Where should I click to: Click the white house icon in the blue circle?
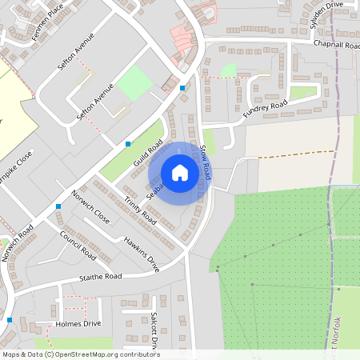click(180, 173)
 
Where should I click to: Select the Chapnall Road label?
click(337, 44)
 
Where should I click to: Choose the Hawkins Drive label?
click(142, 254)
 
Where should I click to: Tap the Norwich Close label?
click(90, 206)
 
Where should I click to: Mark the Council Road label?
click(78, 246)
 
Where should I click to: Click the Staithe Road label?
click(100, 277)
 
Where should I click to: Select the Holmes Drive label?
click(78, 324)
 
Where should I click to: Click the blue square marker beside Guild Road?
click(128, 144)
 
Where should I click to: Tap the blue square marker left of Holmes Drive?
click(10, 320)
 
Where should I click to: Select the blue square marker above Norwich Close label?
click(58, 206)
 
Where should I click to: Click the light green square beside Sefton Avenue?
click(134, 82)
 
